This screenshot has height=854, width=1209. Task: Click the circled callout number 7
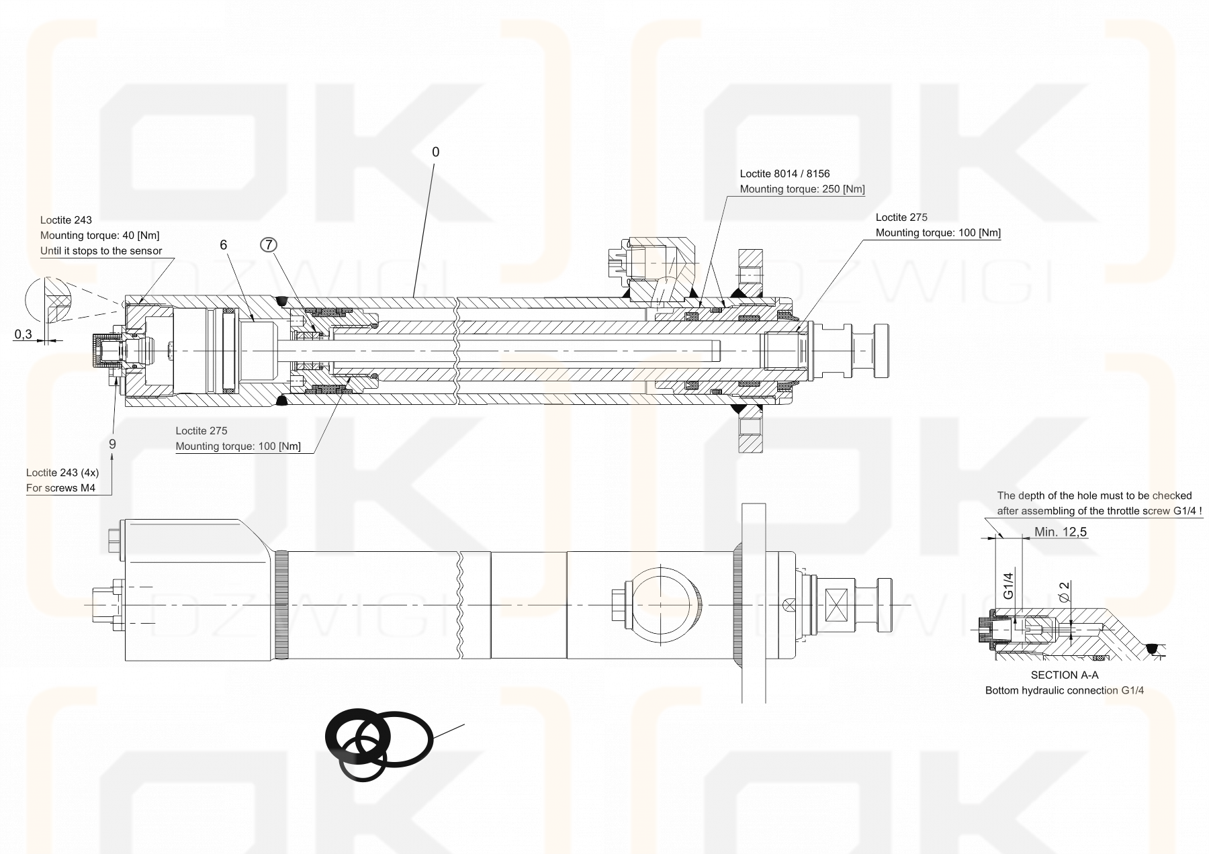[269, 245]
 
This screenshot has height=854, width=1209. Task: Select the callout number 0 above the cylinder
[435, 152]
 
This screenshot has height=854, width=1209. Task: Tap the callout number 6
[224, 245]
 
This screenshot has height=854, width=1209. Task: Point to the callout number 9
[112, 444]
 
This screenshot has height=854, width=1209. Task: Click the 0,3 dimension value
[23, 334]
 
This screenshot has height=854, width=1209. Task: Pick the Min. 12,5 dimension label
[1061, 532]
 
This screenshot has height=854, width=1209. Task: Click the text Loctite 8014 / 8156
[785, 174]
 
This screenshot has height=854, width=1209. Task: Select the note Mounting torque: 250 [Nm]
[802, 189]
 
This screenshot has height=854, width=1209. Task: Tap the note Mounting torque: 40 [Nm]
[99, 235]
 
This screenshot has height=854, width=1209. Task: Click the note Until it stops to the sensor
[101, 251]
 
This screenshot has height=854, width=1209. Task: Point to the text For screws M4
[60, 488]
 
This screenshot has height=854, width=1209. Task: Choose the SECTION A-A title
[1065, 675]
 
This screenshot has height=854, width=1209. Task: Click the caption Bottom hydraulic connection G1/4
[1064, 690]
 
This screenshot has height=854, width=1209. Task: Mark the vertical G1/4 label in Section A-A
[1008, 584]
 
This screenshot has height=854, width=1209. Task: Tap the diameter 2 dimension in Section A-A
[1064, 591]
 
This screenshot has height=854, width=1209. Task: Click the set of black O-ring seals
[376, 744]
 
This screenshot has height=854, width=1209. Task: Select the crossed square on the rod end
[838, 600]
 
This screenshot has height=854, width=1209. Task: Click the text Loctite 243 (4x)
[62, 473]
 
